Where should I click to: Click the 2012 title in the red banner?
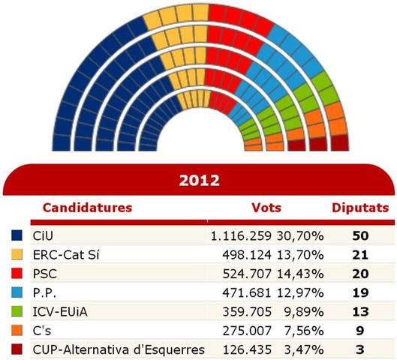pyautogui.click(x=199, y=181)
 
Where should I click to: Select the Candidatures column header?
pyautogui.click(x=87, y=207)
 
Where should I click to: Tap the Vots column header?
pyautogui.click(x=266, y=207)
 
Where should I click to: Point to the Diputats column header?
pyautogui.click(x=360, y=207)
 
